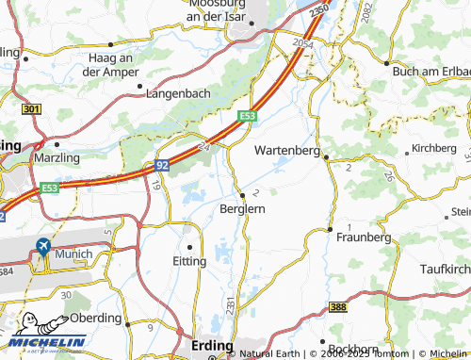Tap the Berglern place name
point(242,209)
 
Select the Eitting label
point(189,261)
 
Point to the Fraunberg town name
point(363,238)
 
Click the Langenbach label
point(181,93)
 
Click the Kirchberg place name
point(433,149)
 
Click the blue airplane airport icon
point(42,247)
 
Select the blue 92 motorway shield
point(161,165)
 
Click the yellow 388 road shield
point(338,307)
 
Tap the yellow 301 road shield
point(32,110)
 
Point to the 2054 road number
point(301,44)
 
